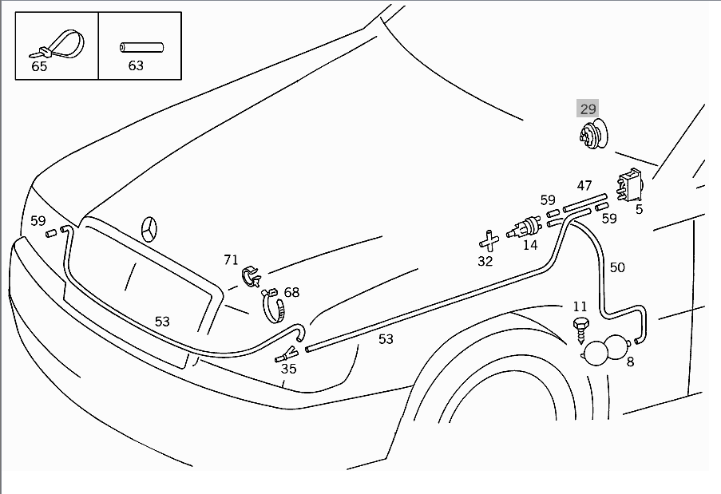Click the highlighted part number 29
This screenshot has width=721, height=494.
[588, 109]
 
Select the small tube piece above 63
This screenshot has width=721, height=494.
[141, 47]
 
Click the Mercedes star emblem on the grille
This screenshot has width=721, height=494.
[149, 229]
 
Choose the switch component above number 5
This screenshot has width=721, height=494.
[630, 185]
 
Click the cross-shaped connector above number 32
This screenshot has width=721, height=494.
[488, 239]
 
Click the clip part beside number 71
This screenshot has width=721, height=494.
[251, 276]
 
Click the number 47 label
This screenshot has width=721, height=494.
[584, 186]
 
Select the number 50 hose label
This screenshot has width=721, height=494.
[617, 267]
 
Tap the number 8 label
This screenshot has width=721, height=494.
[630, 362]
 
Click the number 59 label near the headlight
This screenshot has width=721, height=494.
[38, 221]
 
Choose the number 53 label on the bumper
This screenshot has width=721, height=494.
[162, 322]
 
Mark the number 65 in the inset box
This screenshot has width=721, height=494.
[39, 67]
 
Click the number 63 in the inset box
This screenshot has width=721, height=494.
[136, 66]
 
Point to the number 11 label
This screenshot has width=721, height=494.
[580, 306]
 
